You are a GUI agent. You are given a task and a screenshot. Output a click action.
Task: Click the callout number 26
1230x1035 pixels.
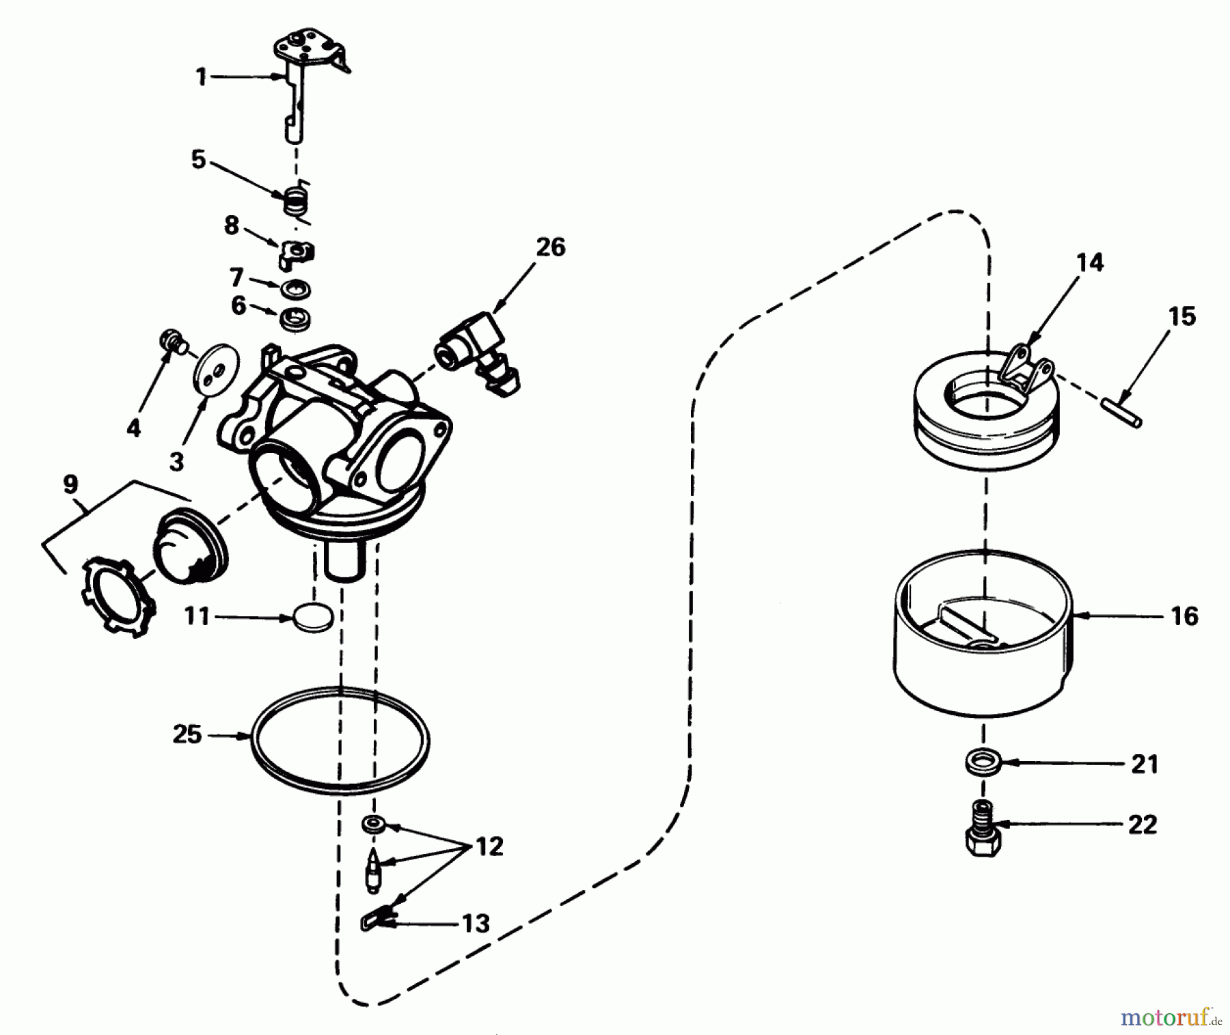pyautogui.click(x=551, y=247)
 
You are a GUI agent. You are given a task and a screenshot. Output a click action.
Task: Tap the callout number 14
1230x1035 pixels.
pyautogui.click(x=1090, y=262)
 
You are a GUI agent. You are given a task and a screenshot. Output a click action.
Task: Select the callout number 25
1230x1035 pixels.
pyautogui.click(x=187, y=735)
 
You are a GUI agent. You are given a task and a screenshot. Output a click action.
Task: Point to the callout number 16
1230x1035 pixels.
pyautogui.click(x=1184, y=616)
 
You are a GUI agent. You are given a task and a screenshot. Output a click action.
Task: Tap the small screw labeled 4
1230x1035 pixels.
pyautogui.click(x=171, y=340)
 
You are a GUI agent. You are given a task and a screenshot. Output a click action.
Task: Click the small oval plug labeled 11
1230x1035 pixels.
pyautogui.click(x=314, y=618)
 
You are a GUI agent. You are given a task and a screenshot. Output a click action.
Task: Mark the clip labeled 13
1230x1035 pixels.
pyautogui.click(x=374, y=920)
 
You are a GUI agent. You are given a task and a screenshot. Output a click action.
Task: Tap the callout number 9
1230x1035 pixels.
pyautogui.click(x=70, y=484)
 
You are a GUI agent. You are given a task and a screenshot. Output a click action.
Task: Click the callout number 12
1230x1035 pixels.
pyautogui.click(x=489, y=846)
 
